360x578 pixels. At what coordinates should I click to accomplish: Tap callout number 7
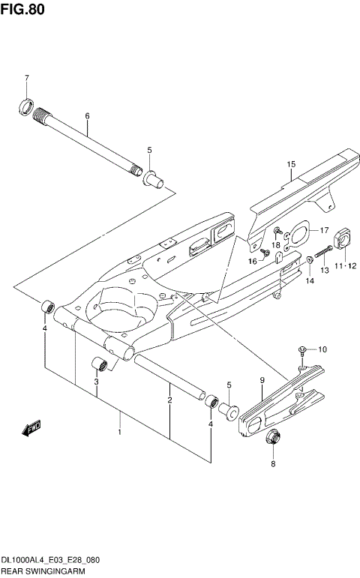tap(26, 79)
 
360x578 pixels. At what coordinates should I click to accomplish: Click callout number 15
tap(291, 163)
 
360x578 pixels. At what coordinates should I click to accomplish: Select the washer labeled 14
tap(309, 260)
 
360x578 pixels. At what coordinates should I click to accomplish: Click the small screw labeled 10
tap(301, 349)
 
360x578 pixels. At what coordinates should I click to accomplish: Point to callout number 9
tap(262, 382)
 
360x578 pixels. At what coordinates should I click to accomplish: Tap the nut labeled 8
tap(273, 437)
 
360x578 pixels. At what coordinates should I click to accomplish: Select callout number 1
tap(119, 433)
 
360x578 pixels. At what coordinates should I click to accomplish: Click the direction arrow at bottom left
tap(31, 428)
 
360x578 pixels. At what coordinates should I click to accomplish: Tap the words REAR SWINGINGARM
tap(43, 571)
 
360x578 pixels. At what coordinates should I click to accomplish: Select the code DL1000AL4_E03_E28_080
tap(51, 560)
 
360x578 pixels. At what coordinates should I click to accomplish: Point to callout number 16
tap(253, 261)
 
